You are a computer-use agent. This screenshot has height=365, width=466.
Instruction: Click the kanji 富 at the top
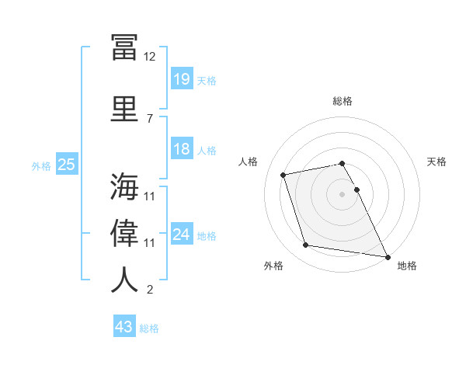point(124,47)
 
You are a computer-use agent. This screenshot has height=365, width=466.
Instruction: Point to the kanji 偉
point(124,234)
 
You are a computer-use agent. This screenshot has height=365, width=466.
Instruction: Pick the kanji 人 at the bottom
point(124,280)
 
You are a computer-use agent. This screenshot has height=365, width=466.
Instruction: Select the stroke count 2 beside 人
point(150,290)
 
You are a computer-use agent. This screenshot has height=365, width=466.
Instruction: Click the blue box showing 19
point(181,79)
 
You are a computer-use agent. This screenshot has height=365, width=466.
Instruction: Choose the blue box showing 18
point(181,149)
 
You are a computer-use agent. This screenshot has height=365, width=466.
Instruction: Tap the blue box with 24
point(181,235)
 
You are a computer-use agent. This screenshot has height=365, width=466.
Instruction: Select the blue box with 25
point(66,165)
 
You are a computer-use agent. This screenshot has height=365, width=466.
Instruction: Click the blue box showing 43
point(124,327)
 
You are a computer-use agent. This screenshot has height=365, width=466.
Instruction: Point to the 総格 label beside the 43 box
point(150,328)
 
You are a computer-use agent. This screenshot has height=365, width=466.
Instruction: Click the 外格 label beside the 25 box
point(41,165)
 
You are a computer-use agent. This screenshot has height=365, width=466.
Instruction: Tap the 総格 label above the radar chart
point(343,101)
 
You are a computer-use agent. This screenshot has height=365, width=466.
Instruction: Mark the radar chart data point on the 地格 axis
point(387,255)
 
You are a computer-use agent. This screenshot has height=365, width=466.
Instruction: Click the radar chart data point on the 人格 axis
point(283,174)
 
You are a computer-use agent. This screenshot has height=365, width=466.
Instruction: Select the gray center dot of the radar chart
point(343,194)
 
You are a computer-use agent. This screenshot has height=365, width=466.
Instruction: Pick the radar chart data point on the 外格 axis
point(306,245)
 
